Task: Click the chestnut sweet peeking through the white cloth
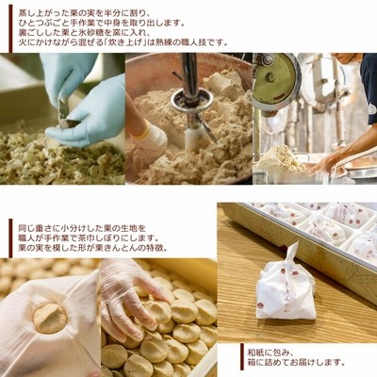pos(50,318)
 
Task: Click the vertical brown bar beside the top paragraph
pos(11,29)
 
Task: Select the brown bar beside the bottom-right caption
pos(242,355)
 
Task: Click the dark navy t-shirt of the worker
pos(369,85)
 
